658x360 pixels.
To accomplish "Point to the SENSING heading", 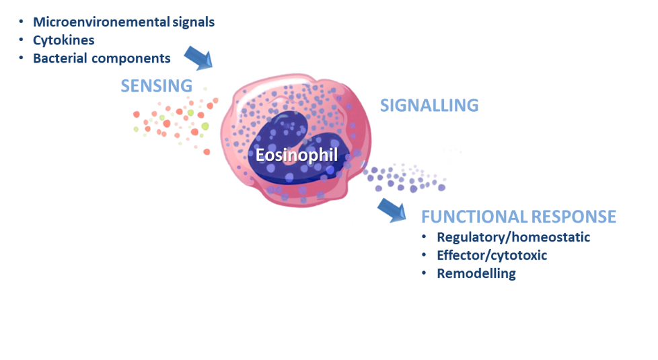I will [156, 85].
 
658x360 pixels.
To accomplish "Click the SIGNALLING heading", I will [429, 106].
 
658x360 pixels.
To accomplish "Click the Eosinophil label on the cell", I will [297, 155].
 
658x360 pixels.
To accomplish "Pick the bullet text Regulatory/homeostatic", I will [513, 238].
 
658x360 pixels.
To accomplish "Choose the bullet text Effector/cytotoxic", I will [492, 256].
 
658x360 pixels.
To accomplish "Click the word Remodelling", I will [476, 274].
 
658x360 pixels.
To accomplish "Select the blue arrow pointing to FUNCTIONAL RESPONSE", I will [392, 209].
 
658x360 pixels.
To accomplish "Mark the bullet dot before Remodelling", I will [425, 274].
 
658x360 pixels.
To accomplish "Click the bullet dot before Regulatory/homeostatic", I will [425, 238].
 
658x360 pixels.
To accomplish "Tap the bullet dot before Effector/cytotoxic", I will [425, 256].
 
